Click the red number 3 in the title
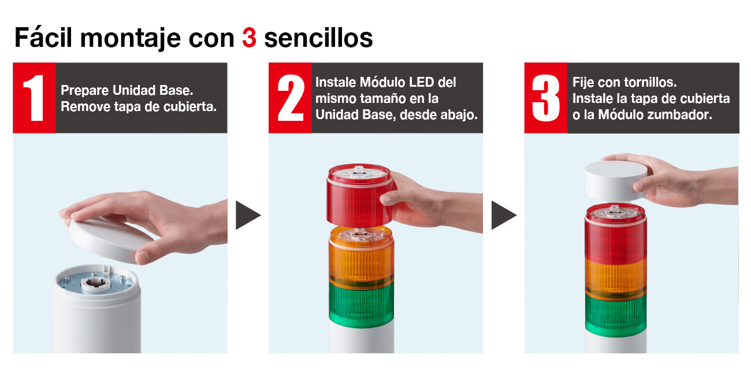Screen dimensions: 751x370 249,38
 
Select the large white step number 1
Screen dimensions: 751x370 34,98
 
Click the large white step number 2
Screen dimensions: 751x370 291,98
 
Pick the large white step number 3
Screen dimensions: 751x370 546,98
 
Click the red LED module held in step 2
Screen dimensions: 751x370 360,195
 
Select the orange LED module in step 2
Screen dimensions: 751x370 362,256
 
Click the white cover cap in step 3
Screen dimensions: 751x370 616,181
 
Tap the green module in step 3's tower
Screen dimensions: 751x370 616,314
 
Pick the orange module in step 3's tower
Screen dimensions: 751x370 616,277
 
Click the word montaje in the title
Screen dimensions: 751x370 131,38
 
